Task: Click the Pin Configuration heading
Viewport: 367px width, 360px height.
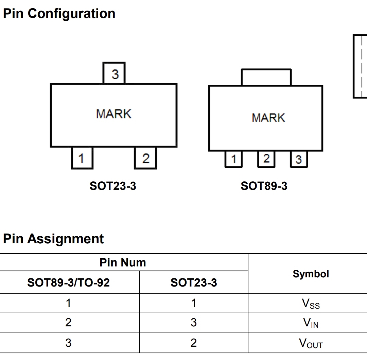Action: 59,14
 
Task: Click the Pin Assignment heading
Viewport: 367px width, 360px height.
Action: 53,239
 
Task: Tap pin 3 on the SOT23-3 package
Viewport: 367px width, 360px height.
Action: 114,73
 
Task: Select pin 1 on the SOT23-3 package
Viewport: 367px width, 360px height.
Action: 82,158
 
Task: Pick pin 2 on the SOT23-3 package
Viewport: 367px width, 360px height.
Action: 145,158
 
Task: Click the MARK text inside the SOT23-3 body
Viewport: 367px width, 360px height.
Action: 114,114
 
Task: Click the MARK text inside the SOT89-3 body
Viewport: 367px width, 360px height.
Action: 268,118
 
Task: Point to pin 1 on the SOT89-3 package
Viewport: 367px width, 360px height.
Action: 233,159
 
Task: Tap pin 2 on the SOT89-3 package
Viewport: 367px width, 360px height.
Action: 266,159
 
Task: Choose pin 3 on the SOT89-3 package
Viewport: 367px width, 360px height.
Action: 299,159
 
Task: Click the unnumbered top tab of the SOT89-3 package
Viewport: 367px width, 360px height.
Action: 266,77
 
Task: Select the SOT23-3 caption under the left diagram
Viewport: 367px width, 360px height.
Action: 113,186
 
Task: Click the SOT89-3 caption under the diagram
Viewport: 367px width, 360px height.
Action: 264,186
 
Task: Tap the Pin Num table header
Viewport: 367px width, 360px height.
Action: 123,262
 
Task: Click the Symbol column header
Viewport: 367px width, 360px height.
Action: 311,274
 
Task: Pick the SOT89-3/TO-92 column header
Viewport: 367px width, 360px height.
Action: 68,282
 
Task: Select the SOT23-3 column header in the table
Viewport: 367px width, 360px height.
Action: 194,282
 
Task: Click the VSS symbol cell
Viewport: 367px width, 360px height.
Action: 311,304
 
